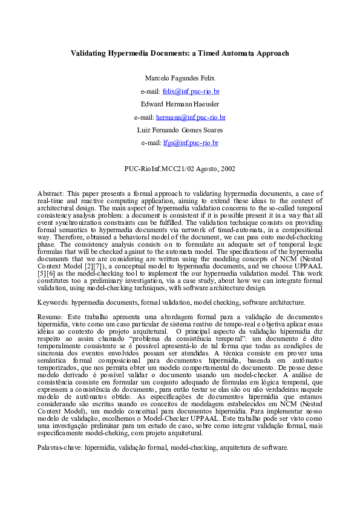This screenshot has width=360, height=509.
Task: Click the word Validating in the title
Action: (x=90, y=53)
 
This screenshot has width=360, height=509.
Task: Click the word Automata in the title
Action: (x=227, y=53)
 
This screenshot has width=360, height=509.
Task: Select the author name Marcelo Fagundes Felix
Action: (x=180, y=78)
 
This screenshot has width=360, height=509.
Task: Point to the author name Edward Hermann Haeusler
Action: (x=180, y=104)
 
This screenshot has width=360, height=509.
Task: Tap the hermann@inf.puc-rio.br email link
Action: (x=191, y=117)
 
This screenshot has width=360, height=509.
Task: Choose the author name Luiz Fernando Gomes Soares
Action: (x=180, y=130)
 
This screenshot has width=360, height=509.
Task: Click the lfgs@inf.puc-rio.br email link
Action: (x=191, y=143)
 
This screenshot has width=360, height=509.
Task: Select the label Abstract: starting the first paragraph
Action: (x=50, y=193)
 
